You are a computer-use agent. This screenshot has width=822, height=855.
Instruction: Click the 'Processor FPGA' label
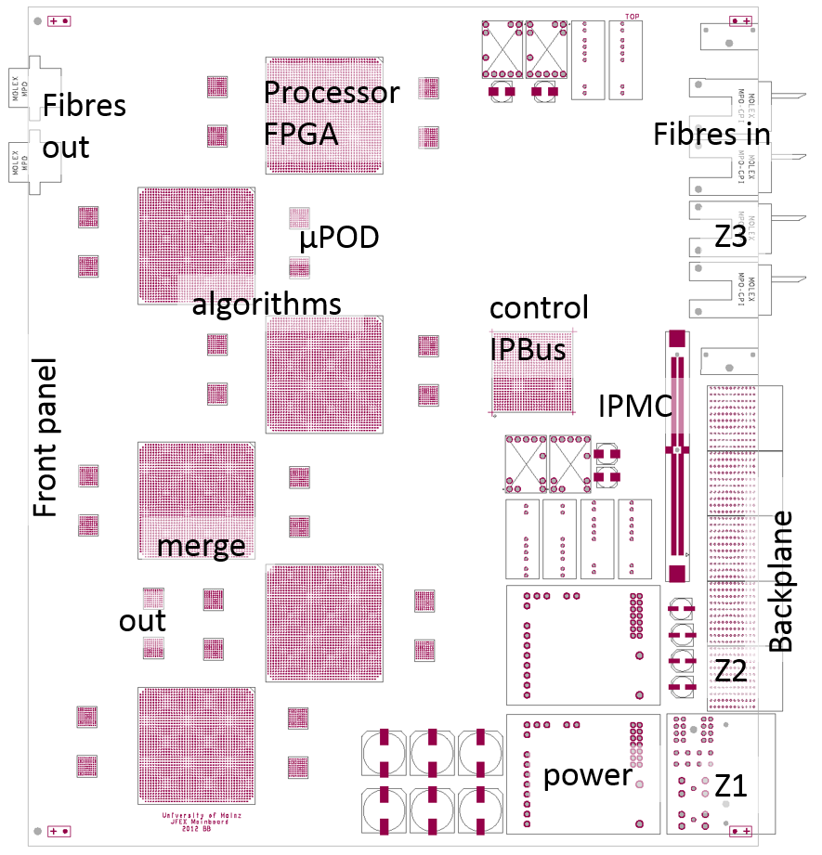pyautogui.click(x=332, y=112)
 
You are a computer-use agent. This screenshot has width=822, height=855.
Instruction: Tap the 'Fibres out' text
pyautogui.click(x=85, y=125)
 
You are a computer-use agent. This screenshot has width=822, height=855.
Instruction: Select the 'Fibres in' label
pyautogui.click(x=711, y=134)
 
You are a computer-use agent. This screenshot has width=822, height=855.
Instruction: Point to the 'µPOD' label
pyautogui.click(x=339, y=239)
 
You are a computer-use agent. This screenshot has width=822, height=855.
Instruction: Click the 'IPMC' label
pyautogui.click(x=634, y=405)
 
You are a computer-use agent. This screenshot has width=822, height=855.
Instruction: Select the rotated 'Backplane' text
pyautogui.click(x=781, y=580)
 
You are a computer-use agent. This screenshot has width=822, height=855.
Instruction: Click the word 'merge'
pyautogui.click(x=202, y=545)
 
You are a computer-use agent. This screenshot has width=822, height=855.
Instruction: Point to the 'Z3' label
pyautogui.click(x=730, y=238)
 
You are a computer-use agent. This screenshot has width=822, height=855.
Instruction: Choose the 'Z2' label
pyautogui.click(x=730, y=670)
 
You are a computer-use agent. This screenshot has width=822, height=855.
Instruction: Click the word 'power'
pyautogui.click(x=587, y=774)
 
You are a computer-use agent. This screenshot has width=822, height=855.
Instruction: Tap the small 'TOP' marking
pyautogui.click(x=633, y=17)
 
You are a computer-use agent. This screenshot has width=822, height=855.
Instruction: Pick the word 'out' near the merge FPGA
pyautogui.click(x=142, y=620)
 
